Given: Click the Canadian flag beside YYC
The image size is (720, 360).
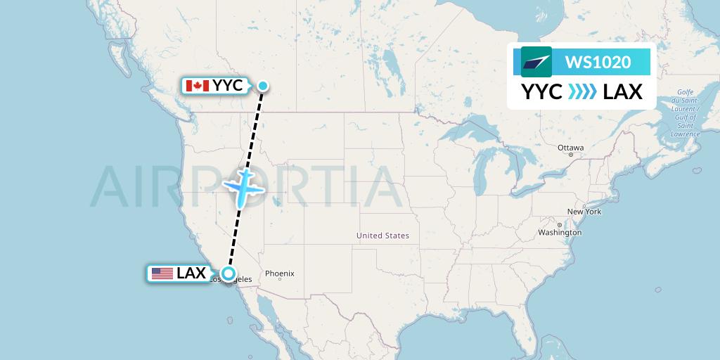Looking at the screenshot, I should pyautogui.click(x=198, y=86).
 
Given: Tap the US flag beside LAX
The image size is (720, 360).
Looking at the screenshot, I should pyautogui.click(x=162, y=274).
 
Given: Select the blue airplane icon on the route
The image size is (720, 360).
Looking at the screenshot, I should pyautogui.click(x=243, y=186).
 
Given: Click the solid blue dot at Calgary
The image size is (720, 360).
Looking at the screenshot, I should pyautogui.click(x=262, y=86).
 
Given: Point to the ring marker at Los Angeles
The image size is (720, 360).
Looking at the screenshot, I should pyautogui.click(x=228, y=274).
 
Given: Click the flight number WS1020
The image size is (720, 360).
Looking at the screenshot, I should pyautogui.click(x=598, y=62).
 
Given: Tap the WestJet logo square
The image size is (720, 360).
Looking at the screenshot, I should pyautogui.click(x=536, y=62).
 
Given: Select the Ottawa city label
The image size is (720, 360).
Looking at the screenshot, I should pyautogui.click(x=570, y=148).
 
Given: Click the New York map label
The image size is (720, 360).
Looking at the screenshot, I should pyautogui.click(x=584, y=212).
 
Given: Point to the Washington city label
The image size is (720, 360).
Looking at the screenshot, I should pyautogui.click(x=560, y=233).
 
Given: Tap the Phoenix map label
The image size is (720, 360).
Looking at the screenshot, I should pyautogui.click(x=279, y=274).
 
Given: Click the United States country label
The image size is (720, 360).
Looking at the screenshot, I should pyautogui.click(x=382, y=236).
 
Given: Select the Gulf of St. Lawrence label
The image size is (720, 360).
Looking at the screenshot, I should pyautogui.click(x=685, y=112).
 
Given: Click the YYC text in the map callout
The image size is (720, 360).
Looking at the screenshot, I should pyautogui.click(x=228, y=86).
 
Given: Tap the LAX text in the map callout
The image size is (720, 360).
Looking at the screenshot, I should pyautogui.click(x=191, y=274).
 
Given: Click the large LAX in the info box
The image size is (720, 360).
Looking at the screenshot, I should pyautogui.click(x=623, y=91).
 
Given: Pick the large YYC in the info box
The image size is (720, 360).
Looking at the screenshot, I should pyautogui.click(x=541, y=91).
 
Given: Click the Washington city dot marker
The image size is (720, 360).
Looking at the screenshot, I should pyautogui.click(x=559, y=225).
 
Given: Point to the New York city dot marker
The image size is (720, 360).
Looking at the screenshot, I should pyautogui.click(x=579, y=205).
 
